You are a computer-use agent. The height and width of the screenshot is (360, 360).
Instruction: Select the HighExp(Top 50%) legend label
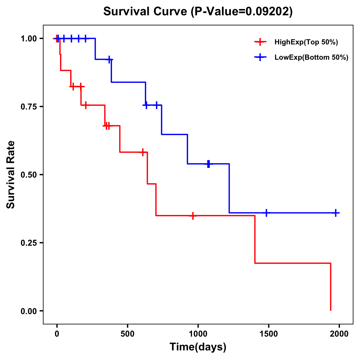tap(306, 42)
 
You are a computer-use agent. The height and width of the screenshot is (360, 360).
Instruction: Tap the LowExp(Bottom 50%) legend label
tap(311, 58)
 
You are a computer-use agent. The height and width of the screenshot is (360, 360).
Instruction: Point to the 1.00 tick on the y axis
tap(29, 39)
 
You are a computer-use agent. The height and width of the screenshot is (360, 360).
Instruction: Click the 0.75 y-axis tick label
tap(29, 107)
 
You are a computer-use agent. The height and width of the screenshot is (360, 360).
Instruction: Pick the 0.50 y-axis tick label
tap(29, 175)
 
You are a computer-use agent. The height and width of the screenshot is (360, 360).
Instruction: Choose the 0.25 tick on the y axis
tap(29, 243)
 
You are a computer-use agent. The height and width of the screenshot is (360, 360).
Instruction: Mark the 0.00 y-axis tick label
tap(29, 311)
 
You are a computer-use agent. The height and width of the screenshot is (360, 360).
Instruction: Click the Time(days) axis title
tap(198, 347)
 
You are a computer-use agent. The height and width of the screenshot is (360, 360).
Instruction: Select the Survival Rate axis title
tap(11, 175)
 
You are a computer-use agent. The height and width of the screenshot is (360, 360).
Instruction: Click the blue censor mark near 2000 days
tap(336, 213)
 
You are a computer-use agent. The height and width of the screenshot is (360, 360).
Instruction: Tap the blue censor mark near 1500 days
tap(266, 213)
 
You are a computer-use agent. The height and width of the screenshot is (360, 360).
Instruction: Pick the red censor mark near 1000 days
tap(193, 216)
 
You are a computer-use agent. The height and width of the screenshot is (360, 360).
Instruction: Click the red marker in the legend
tap(260, 42)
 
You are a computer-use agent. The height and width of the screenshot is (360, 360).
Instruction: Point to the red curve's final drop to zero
tap(331, 288)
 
